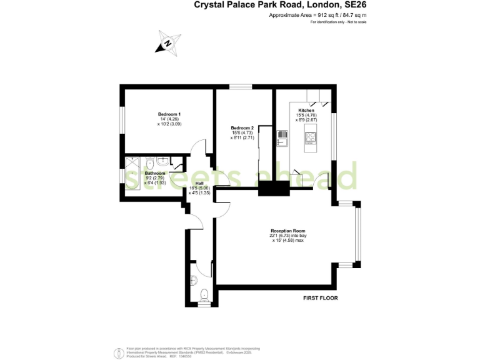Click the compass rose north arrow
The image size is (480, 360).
point(167,43)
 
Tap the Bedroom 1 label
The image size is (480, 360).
point(169,114)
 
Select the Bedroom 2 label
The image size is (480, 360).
point(242,128)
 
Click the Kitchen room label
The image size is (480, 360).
point(306,110)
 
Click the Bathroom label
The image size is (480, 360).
point(155,173)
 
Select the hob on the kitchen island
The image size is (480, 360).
point(311,138)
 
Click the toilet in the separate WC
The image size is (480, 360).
point(203,294)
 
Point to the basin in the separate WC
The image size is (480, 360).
point(193,279)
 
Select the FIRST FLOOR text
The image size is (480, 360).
point(319,298)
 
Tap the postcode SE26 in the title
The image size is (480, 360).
point(352,5)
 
